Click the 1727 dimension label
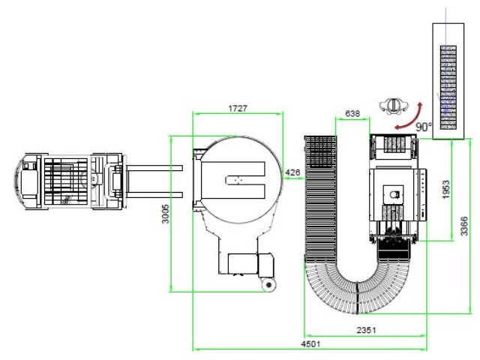pyautogui.click(x=238, y=109)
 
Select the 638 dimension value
pyautogui.click(x=352, y=114)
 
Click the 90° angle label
pyautogui.click(x=424, y=127)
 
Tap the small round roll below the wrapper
pyautogui.click(x=268, y=284)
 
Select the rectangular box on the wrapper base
pyautogui.click(x=241, y=265)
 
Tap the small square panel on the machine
pyautogui.click(x=392, y=193)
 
